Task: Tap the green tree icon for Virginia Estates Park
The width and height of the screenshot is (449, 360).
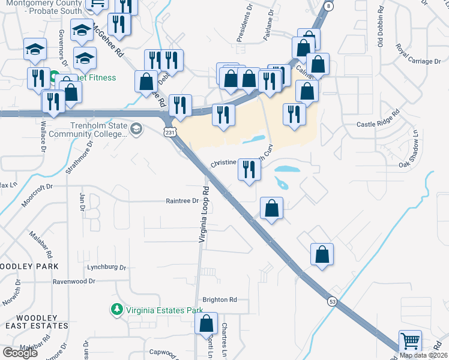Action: click(x=116, y=310)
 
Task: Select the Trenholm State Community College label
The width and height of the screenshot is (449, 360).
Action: click(x=98, y=130)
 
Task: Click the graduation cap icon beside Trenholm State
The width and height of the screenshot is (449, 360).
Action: click(x=137, y=128)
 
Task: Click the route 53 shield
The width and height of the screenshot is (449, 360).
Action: click(x=332, y=301)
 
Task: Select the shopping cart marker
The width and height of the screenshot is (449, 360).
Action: click(x=410, y=341)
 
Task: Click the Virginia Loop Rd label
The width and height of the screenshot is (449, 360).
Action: click(x=205, y=215)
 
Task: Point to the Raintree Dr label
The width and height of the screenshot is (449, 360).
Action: click(x=182, y=201)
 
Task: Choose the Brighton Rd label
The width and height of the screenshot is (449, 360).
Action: click(x=220, y=300)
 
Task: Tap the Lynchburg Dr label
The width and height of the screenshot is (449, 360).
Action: click(x=107, y=267)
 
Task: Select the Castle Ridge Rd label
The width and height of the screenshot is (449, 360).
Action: click(x=378, y=124)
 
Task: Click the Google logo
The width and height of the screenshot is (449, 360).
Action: click(x=20, y=352)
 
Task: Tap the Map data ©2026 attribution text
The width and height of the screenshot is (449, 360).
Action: click(x=423, y=355)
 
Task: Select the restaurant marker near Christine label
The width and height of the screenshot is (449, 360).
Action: click(x=249, y=170)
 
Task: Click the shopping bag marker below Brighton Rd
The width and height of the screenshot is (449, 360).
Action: click(x=206, y=324)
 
